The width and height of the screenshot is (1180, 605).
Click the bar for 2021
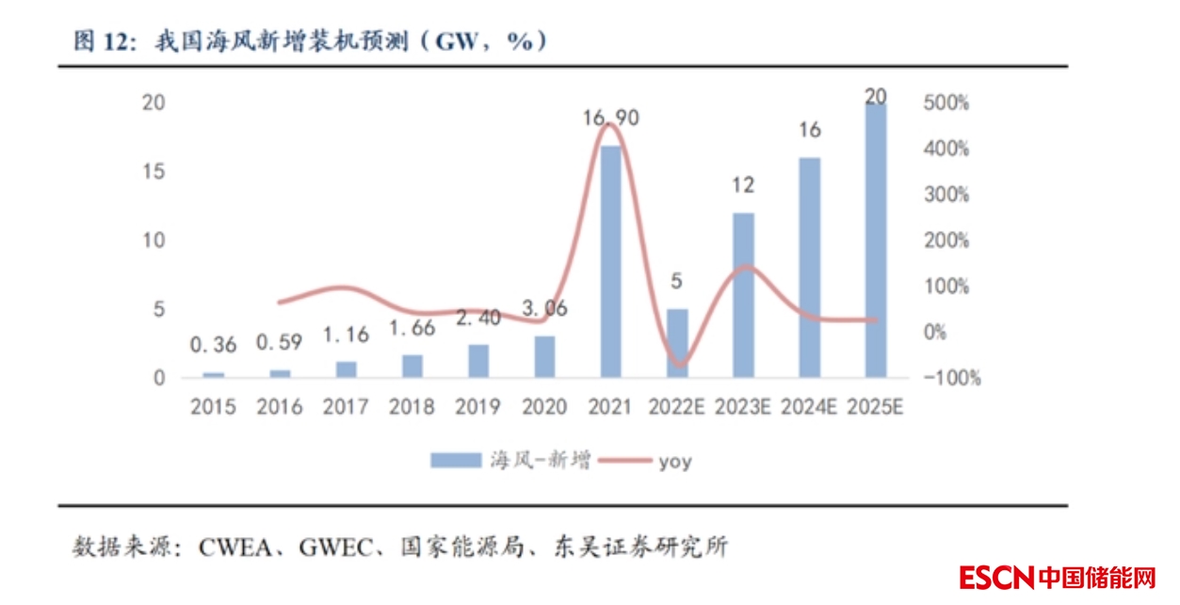click(x=611, y=261)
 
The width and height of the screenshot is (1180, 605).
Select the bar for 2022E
click(x=677, y=343)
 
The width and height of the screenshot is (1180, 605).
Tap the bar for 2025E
click(x=875, y=240)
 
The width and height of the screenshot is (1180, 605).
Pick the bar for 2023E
click(x=744, y=295)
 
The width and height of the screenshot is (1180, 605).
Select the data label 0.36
click(x=214, y=346)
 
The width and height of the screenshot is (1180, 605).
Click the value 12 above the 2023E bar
click(x=743, y=185)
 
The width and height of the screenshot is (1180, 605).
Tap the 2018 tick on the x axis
click(x=412, y=407)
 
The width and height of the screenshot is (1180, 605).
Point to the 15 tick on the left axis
click(x=154, y=172)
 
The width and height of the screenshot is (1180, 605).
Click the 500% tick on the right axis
click(x=946, y=103)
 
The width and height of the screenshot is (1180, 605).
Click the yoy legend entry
click(x=674, y=462)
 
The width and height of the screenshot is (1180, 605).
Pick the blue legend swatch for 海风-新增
click(x=457, y=461)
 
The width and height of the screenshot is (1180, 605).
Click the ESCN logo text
click(x=996, y=577)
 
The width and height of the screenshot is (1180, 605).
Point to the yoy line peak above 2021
click(x=609, y=124)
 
